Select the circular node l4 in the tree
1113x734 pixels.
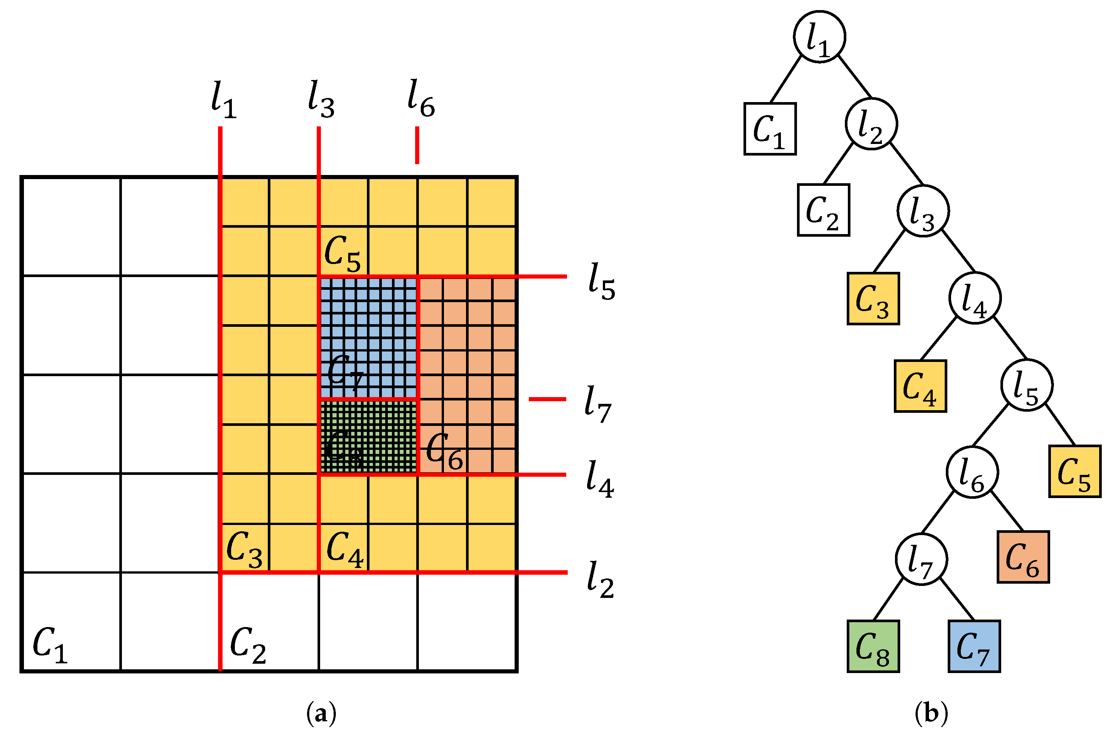coord(975,298)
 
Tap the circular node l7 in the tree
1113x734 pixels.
coord(921,559)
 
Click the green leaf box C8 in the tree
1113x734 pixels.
coord(873,647)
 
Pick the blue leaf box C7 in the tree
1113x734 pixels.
coord(974,647)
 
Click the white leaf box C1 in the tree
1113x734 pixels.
coord(770,129)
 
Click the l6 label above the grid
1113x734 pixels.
coord(420,99)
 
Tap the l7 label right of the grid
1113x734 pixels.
coord(598,403)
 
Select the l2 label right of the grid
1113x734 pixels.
coord(600,580)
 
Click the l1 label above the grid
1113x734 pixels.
coord(223,100)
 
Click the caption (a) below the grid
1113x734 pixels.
coord(321,714)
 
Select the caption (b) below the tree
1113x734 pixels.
coord(931,713)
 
